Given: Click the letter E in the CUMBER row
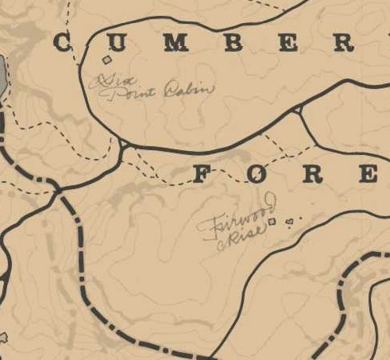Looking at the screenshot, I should (287, 44).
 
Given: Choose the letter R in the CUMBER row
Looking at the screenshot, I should (342, 44).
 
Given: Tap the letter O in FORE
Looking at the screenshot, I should (258, 174).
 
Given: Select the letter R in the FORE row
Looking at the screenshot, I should (314, 174).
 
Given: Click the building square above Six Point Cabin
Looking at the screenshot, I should (107, 60).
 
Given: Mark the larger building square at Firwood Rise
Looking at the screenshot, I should (271, 223).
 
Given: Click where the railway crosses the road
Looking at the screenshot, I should (58, 190).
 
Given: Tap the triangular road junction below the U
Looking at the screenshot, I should (123, 145).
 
